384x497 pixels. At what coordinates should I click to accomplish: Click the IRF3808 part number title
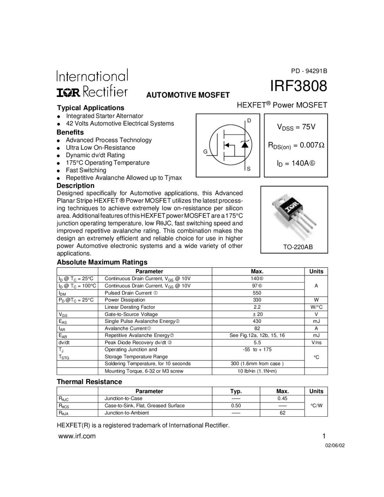298,86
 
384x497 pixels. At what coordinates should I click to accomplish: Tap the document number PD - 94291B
309,71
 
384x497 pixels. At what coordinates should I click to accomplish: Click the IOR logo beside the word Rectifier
68,92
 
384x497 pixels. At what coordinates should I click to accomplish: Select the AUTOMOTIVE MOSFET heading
188,95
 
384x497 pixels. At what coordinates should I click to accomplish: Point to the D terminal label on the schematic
249,121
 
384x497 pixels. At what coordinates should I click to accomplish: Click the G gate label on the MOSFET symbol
205,152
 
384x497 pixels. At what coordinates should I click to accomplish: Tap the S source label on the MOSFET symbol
249,169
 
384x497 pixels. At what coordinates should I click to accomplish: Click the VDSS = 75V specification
296,127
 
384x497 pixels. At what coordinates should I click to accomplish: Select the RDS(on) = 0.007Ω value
296,145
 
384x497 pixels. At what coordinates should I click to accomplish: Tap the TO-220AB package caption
297,247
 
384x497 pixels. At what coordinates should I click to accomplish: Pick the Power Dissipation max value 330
257,300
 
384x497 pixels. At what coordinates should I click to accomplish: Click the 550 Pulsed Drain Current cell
257,293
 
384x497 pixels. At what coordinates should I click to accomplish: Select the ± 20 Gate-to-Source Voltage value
257,314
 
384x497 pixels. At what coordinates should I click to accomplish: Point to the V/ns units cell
316,342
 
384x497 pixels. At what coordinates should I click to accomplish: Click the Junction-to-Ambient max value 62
282,413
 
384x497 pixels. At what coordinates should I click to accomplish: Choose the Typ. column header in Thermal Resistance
236,391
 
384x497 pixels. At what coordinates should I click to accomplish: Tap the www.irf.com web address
77,436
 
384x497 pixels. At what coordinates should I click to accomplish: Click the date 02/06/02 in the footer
335,445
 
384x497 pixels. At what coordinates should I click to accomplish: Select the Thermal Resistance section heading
89,382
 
